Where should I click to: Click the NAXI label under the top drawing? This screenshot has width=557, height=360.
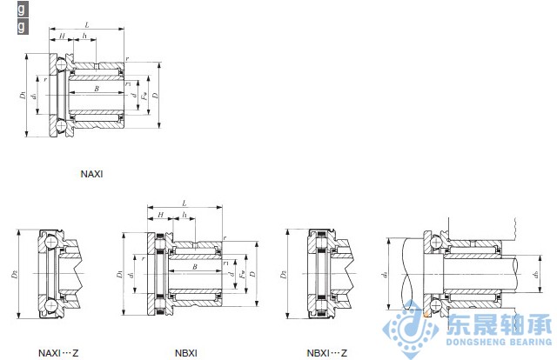[x=91, y=174]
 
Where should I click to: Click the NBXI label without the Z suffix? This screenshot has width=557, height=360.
[x=186, y=352]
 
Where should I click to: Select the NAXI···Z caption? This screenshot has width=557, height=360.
[x=58, y=352]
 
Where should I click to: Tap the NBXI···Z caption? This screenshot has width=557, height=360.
[x=326, y=352]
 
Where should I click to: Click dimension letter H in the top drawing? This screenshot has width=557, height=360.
[x=63, y=36]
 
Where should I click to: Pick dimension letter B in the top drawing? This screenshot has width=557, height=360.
[x=96, y=89]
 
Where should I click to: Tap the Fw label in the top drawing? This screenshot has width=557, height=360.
[x=144, y=94]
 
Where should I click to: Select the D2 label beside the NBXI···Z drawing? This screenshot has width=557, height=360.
[x=285, y=275]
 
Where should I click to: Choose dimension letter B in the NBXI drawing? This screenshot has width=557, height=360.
[x=194, y=268]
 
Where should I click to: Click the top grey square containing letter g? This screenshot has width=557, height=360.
[x=22, y=10]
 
